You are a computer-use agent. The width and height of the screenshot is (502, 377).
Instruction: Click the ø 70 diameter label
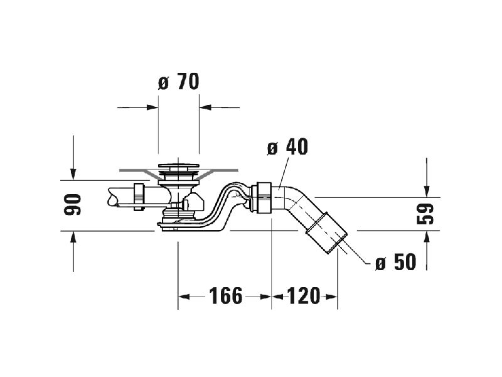coord(179,82)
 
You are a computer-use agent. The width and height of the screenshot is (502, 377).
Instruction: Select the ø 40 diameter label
coord(287,147)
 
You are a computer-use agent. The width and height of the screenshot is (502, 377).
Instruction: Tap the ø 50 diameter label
coord(396,262)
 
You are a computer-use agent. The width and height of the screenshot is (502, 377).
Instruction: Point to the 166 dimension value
coord(226,296)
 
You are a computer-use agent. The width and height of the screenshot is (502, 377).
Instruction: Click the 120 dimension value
coord(303,296)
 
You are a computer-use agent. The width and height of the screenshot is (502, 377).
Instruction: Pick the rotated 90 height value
coord(73,205)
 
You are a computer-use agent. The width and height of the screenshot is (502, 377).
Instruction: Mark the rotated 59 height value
coord(425,214)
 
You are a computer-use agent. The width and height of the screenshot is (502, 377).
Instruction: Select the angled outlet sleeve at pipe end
coord(327,232)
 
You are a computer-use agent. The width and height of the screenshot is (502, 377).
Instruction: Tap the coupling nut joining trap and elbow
coord(262,197)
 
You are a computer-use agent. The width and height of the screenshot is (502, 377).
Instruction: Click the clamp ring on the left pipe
coord(138,196)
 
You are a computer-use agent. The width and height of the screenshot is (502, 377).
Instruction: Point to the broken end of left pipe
coord(110,197)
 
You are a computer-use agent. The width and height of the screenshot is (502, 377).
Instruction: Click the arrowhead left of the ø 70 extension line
coord(152,107)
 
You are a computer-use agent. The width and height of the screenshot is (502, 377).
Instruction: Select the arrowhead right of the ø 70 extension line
coord(205,107)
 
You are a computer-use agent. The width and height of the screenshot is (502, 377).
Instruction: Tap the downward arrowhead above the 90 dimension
coord(73,175)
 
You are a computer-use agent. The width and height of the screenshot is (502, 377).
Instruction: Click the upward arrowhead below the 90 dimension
coord(73,237)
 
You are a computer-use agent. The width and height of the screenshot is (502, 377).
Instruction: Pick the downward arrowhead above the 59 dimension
coord(427,192)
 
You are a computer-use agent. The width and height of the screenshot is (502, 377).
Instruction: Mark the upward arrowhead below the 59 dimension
coord(427,237)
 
